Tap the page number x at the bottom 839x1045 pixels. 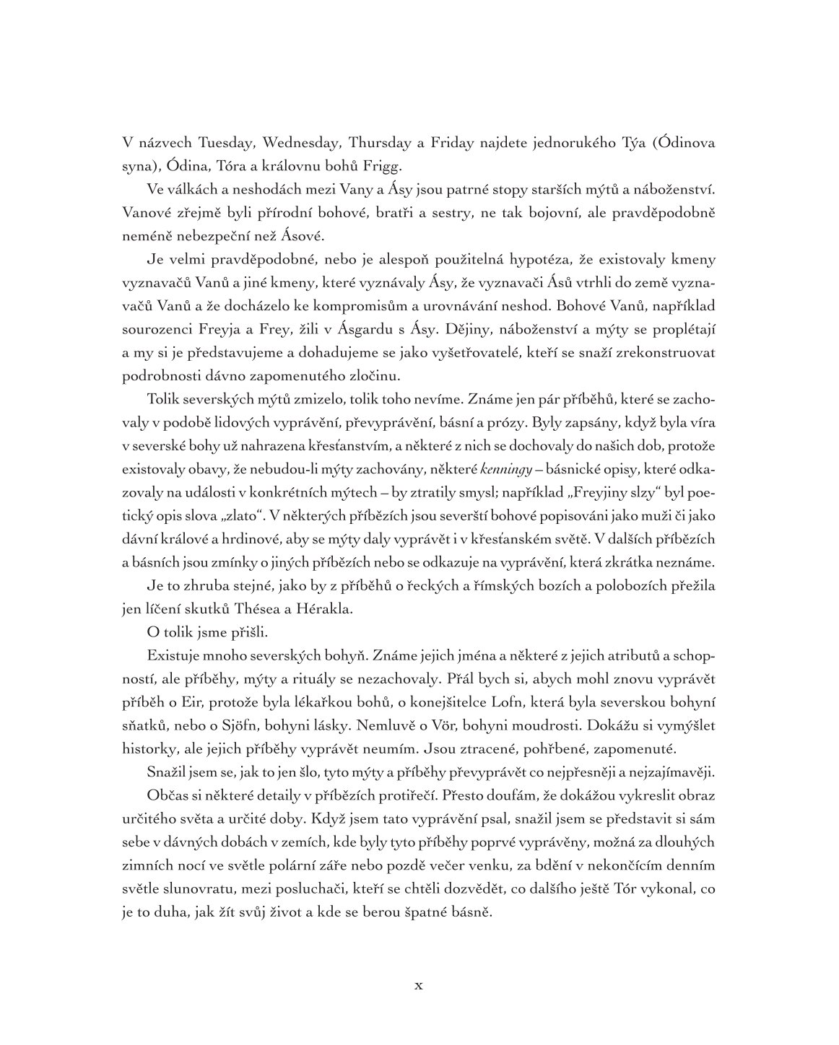419,985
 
